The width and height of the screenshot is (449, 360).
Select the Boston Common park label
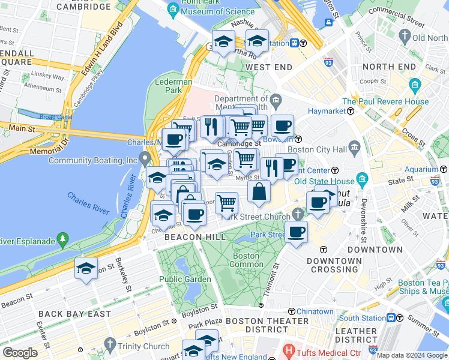click(x=246, y=260)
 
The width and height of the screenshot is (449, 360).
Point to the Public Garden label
click(x=185, y=279)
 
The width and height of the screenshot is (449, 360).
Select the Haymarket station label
click(x=327, y=111)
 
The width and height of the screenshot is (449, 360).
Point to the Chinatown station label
click(x=315, y=311)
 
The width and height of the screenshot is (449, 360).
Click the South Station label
click(x=362, y=318)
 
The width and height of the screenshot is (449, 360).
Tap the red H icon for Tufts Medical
click(x=289, y=350)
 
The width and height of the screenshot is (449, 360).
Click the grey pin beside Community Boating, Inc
click(x=145, y=159)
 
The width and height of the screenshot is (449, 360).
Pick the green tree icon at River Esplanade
click(x=62, y=241)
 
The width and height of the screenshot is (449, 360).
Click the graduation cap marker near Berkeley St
click(x=86, y=269)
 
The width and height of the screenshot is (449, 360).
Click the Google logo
click(x=20, y=353)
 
